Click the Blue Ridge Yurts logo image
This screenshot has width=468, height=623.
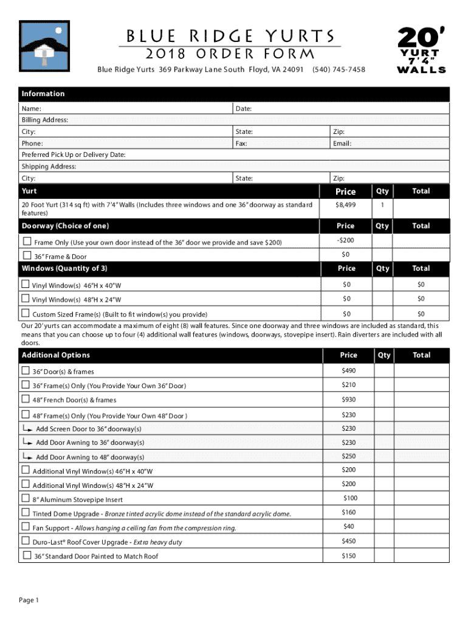pyautogui.click(x=45, y=47)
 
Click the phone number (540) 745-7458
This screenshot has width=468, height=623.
pyautogui.click(x=339, y=69)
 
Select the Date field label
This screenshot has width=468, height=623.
pyautogui.click(x=244, y=108)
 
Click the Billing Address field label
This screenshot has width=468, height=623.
pyautogui.click(x=45, y=120)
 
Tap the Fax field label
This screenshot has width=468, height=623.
pyautogui.click(x=241, y=144)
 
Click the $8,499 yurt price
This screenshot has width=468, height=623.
pyautogui.click(x=346, y=206)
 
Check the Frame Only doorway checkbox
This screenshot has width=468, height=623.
pyautogui.click(x=26, y=242)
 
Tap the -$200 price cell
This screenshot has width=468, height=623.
pyautogui.click(x=346, y=240)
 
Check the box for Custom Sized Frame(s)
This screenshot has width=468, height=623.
pyautogui.click(x=26, y=313)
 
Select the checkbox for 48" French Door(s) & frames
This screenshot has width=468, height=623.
pyautogui.click(x=26, y=399)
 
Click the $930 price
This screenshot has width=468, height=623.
pyautogui.click(x=348, y=399)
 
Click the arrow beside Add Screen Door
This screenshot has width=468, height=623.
pyautogui.click(x=27, y=428)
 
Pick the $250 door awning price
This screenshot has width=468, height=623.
pyautogui.click(x=348, y=456)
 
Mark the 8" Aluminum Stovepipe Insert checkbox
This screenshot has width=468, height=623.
pyautogui.click(x=26, y=499)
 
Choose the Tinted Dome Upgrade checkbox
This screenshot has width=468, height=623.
pyautogui.click(x=26, y=513)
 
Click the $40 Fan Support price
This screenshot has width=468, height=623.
pyautogui.click(x=348, y=526)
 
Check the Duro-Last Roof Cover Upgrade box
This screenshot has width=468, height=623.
pyautogui.click(x=26, y=541)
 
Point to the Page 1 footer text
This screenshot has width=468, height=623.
pyautogui.click(x=29, y=600)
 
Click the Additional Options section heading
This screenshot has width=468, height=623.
pyautogui.click(x=56, y=355)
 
